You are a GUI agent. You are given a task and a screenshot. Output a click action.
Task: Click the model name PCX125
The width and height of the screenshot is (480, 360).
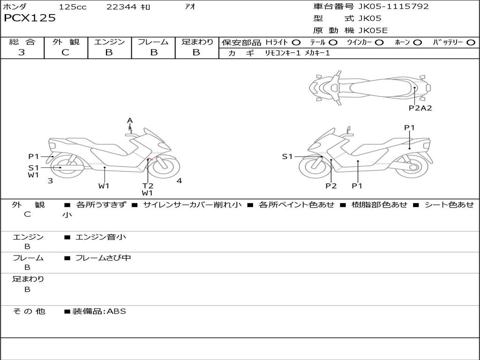point(30,18)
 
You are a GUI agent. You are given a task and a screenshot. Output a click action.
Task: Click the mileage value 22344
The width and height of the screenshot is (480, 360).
point(121,7)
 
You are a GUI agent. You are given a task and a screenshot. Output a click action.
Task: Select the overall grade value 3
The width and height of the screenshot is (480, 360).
point(22,52)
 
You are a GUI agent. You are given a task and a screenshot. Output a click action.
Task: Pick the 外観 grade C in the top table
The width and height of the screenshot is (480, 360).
point(66,52)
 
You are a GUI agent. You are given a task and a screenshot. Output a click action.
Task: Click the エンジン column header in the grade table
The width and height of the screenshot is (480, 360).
point(109,42)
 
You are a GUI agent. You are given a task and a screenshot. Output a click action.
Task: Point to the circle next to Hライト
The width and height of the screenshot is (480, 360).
point(296,43)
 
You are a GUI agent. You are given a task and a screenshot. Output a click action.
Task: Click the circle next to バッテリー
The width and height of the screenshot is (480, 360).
point(471,43)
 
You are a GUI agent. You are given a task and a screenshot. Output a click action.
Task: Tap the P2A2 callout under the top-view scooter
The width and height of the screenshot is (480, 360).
point(420,108)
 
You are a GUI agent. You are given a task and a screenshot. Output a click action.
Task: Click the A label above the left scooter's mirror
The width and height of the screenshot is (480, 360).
point(130,120)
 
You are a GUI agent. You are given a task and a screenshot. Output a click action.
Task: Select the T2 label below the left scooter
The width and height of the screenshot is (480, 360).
point(148,186)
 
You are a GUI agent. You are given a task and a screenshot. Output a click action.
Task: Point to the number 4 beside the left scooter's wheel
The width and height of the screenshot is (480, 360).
point(179,181)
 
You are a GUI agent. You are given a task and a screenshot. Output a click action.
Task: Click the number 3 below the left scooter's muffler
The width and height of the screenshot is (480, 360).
point(50,180)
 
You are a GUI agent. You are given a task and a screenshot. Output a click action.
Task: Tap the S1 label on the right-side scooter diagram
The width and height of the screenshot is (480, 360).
point(287,157)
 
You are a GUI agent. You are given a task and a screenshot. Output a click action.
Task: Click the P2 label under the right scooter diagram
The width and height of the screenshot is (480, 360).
point(331,186)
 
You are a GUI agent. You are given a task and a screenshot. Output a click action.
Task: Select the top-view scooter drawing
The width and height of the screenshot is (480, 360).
point(370,87)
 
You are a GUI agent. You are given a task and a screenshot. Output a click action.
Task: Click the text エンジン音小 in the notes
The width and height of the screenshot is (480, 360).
point(101,237)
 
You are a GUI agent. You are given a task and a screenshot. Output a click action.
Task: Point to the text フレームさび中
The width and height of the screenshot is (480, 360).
point(103,258)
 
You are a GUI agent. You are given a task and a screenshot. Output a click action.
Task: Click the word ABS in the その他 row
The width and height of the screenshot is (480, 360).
point(117,311)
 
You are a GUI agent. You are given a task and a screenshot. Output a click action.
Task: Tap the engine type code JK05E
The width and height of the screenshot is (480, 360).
point(373,31)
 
